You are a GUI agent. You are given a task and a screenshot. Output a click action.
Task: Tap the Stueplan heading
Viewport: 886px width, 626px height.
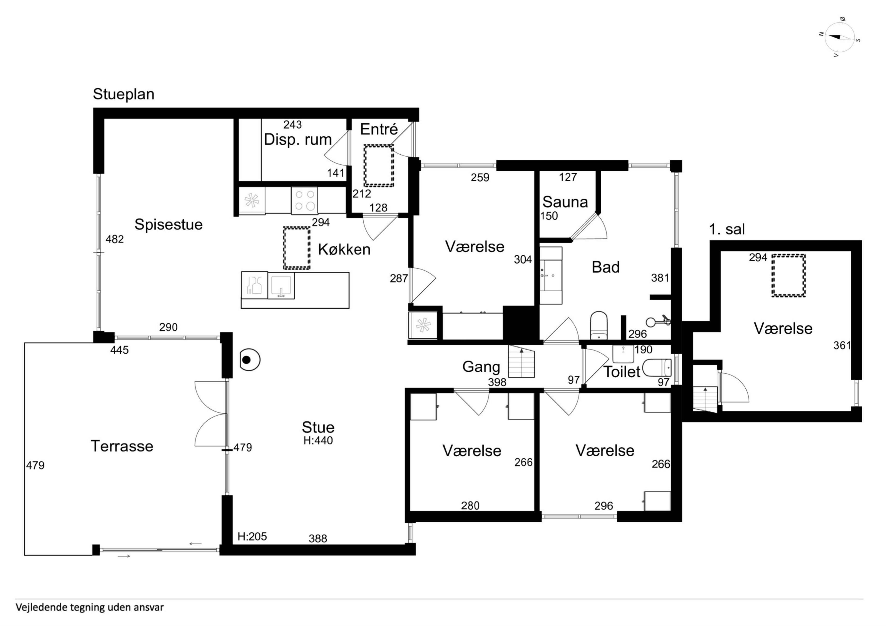[123, 94]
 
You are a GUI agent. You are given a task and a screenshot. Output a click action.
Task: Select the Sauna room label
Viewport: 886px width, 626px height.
[565, 202]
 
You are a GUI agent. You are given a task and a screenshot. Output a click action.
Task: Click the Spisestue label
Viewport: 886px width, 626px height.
[168, 225]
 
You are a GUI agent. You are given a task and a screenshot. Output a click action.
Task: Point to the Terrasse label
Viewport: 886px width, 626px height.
[122, 446]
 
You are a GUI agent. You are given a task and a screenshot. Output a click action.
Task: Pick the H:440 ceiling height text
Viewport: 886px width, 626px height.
[318, 441]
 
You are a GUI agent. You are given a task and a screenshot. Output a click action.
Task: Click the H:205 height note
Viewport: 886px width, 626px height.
[252, 536]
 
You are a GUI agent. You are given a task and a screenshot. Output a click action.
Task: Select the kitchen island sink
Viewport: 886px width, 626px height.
[281, 285]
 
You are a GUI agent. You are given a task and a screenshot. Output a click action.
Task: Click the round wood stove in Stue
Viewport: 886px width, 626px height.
[250, 360]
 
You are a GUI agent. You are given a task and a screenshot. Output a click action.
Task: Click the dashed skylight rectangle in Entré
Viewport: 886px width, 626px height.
[379, 166]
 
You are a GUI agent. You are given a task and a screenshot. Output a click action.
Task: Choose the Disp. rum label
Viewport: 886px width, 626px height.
[298, 140]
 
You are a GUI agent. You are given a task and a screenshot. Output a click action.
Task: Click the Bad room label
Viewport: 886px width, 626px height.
[605, 267]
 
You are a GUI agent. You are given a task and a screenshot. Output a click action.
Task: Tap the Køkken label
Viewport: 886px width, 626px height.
[344, 250]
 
